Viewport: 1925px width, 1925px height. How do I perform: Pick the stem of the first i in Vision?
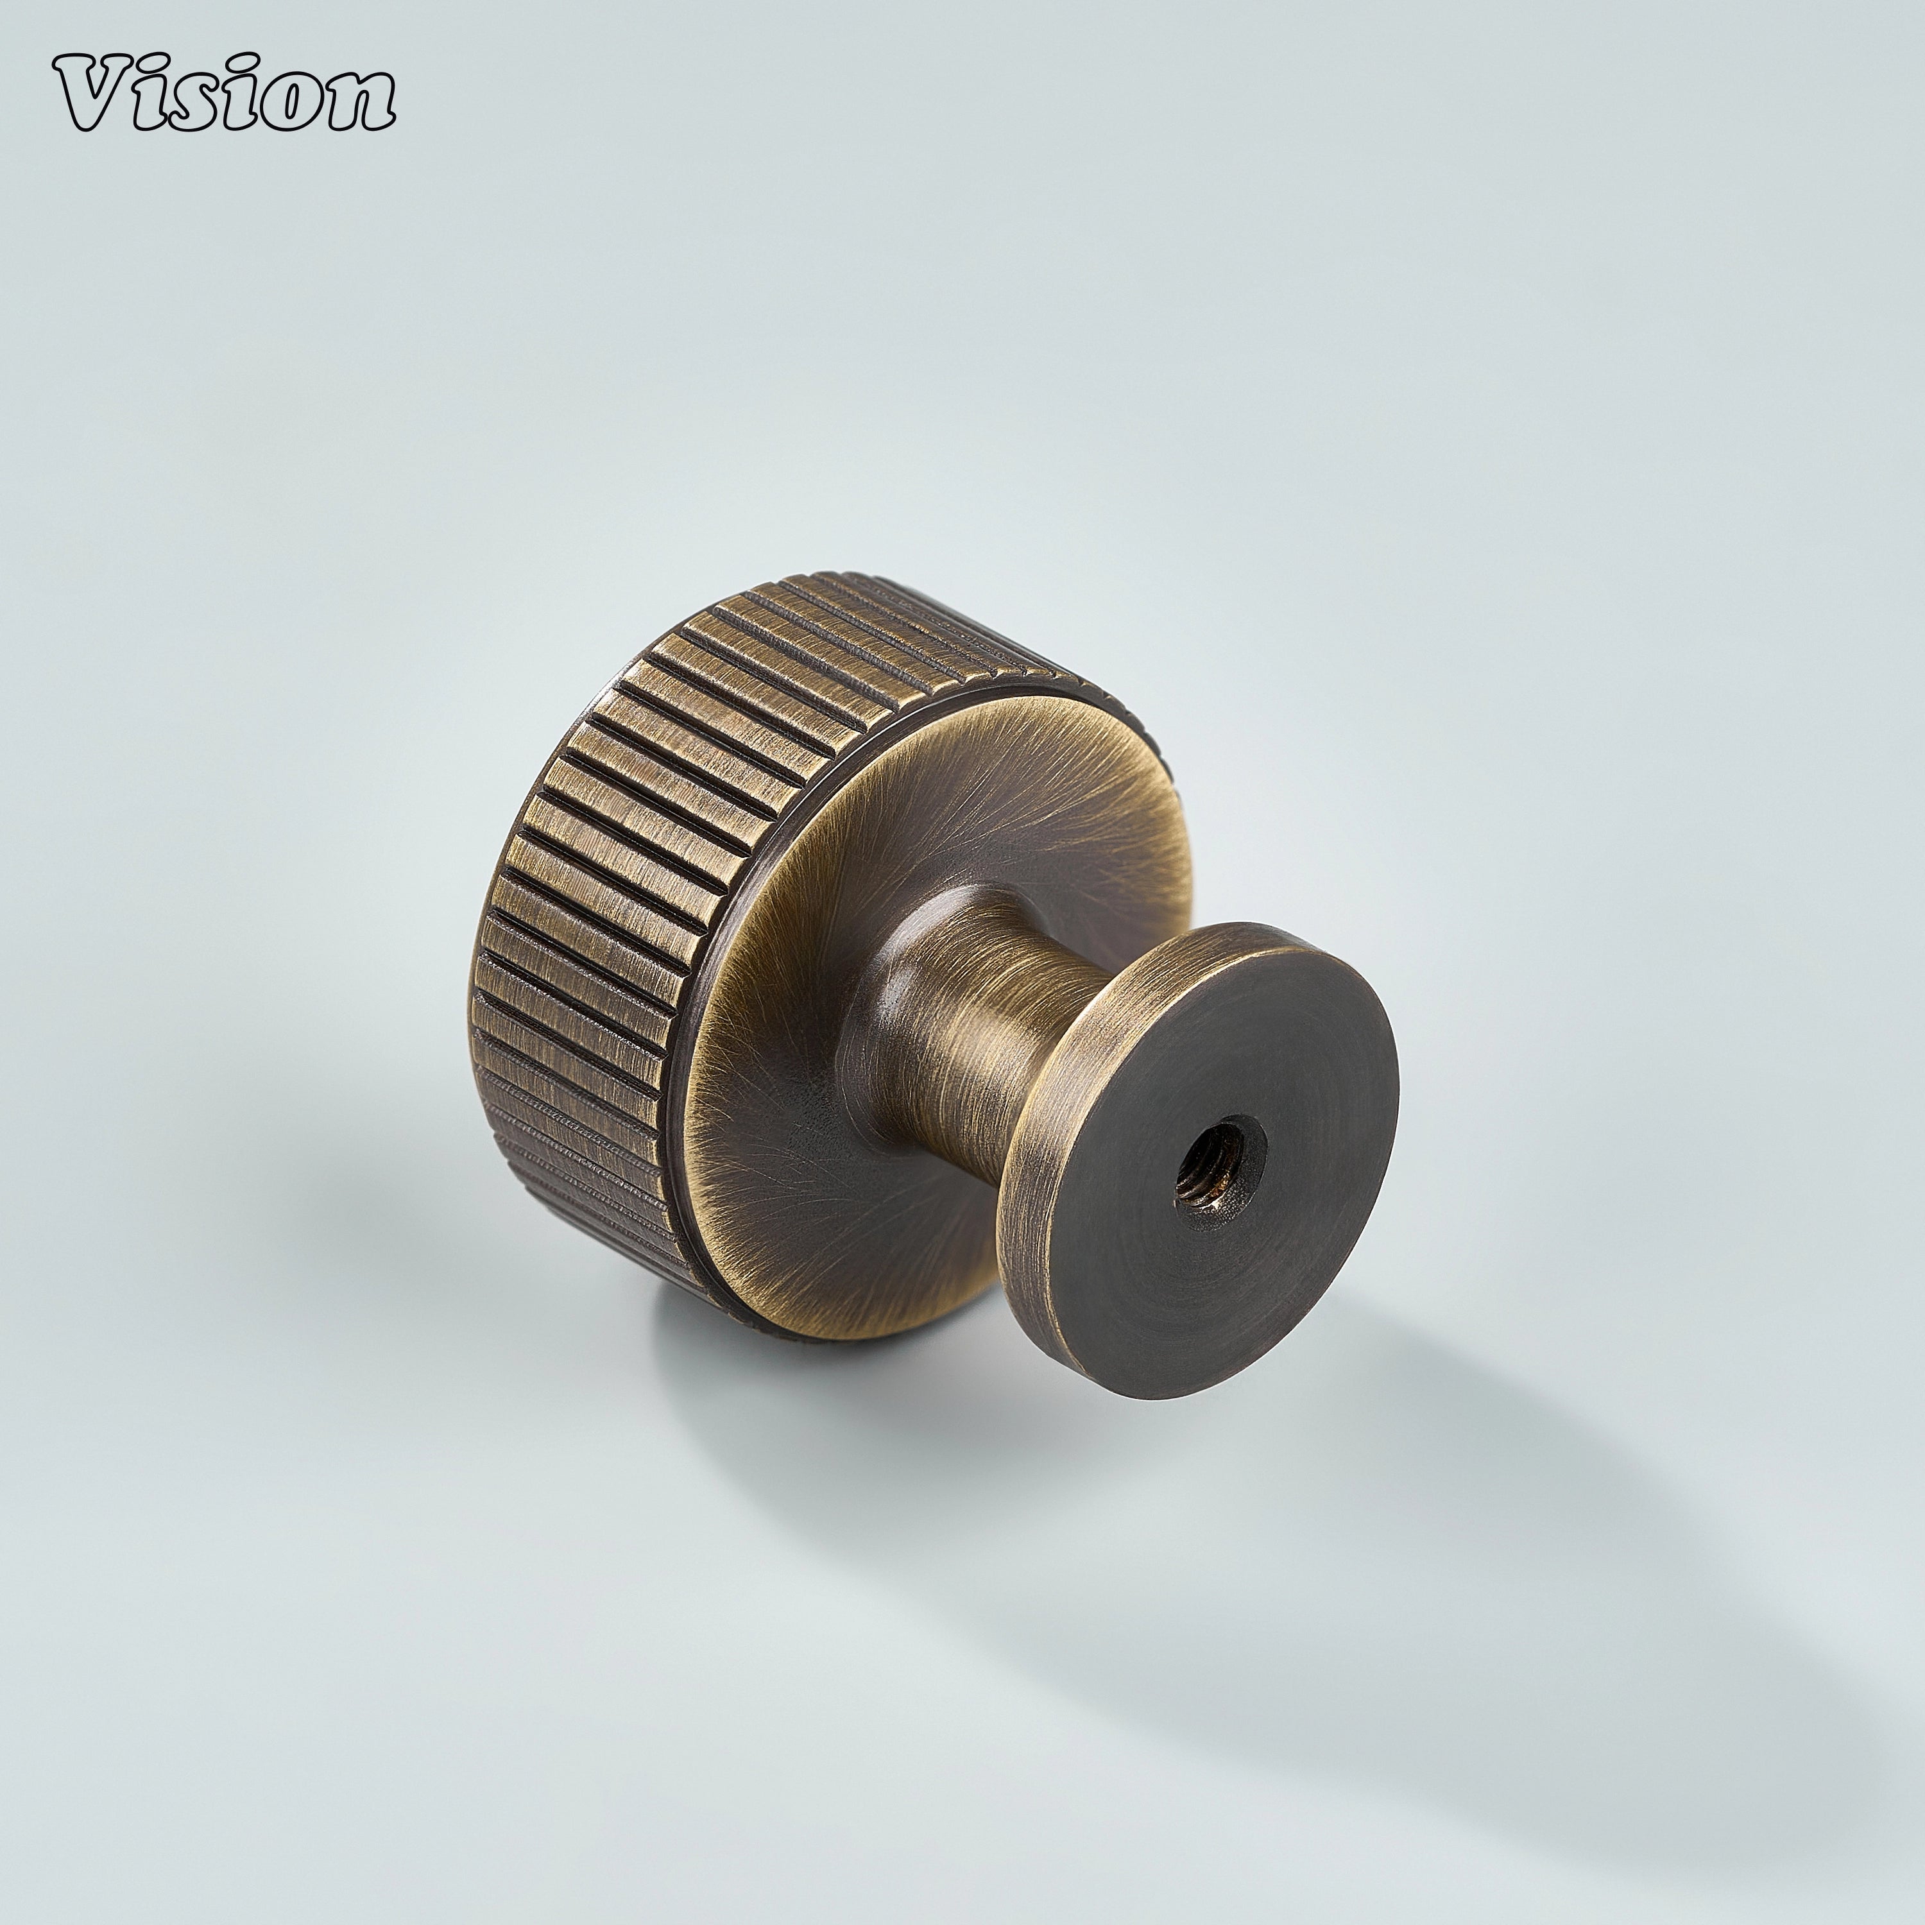tap(159, 110)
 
